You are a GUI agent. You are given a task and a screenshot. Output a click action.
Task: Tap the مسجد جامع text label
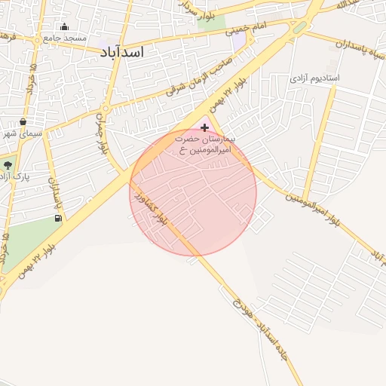[x=65, y=38]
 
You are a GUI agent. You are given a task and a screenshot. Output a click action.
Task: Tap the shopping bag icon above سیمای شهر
[x=23, y=121]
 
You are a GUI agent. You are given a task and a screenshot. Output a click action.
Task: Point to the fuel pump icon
[x=58, y=218]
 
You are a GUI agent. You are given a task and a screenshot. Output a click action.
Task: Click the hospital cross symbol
[x=204, y=128]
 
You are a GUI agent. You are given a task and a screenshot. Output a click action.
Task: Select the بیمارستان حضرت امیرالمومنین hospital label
[x=205, y=145]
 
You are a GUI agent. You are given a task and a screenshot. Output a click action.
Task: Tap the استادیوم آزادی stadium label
[x=315, y=78]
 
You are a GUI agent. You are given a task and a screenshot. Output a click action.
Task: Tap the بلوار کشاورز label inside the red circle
[x=149, y=208]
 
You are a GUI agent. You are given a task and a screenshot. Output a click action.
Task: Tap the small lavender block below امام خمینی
[x=239, y=42]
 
